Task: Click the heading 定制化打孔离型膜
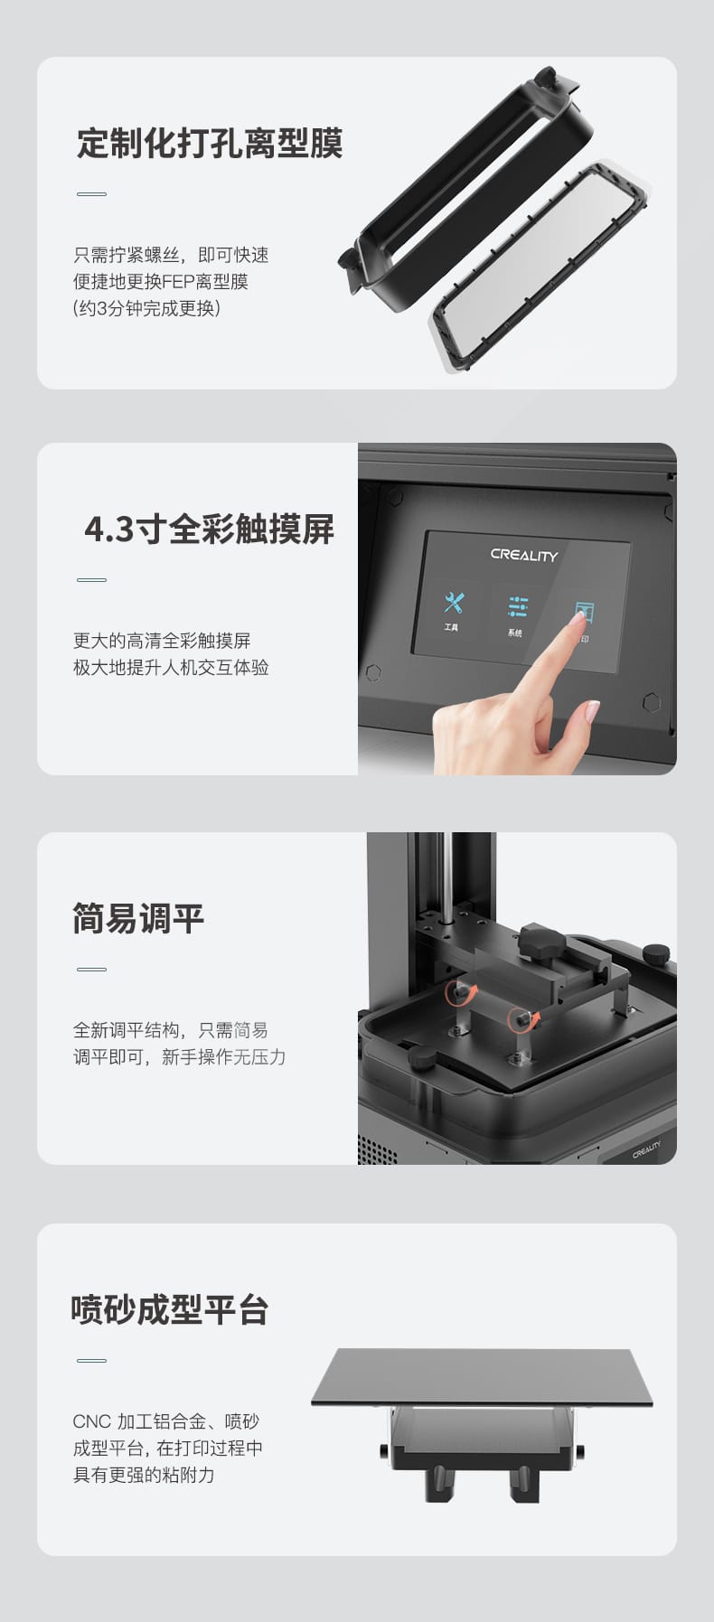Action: [210, 144]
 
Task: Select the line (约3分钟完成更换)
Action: [146, 308]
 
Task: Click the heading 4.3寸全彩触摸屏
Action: [209, 530]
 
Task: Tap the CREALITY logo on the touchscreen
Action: [524, 555]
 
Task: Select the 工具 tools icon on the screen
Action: [453, 605]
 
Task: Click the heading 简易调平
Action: [138, 919]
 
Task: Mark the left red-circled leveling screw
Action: [461, 994]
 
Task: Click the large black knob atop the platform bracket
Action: [542, 940]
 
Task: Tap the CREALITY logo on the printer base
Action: [646, 1149]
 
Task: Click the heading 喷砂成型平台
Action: [170, 1309]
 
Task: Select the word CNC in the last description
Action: [90, 1421]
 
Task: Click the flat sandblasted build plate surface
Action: [481, 1375]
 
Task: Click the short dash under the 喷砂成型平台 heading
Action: [91, 1360]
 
